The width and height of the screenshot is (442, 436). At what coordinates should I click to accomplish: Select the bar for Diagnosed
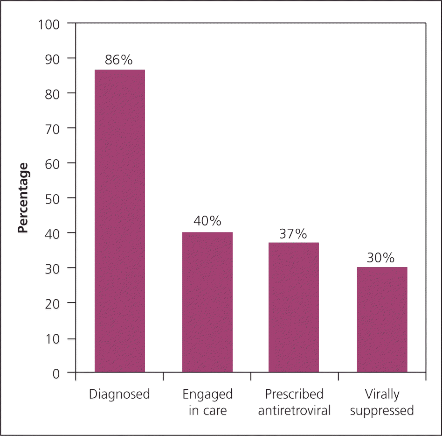[120, 221]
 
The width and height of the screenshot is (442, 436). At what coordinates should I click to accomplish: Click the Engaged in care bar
[207, 302]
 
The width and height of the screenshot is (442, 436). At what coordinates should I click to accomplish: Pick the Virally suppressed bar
[382, 320]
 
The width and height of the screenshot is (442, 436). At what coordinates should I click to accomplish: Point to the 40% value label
[207, 221]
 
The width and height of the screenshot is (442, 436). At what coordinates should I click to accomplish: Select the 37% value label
[293, 233]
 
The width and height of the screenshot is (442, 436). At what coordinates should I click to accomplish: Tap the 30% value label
[380, 258]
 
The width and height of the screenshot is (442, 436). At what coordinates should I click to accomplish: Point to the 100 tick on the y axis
[50, 23]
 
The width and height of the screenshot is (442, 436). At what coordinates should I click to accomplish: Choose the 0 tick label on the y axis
[57, 373]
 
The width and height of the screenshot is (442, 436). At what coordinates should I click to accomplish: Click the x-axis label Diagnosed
[120, 394]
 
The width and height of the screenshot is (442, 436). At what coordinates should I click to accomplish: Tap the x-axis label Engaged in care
[207, 402]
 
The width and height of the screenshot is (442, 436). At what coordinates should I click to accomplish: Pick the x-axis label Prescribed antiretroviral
[294, 402]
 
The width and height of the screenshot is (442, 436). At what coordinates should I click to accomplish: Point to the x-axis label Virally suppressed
[382, 402]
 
